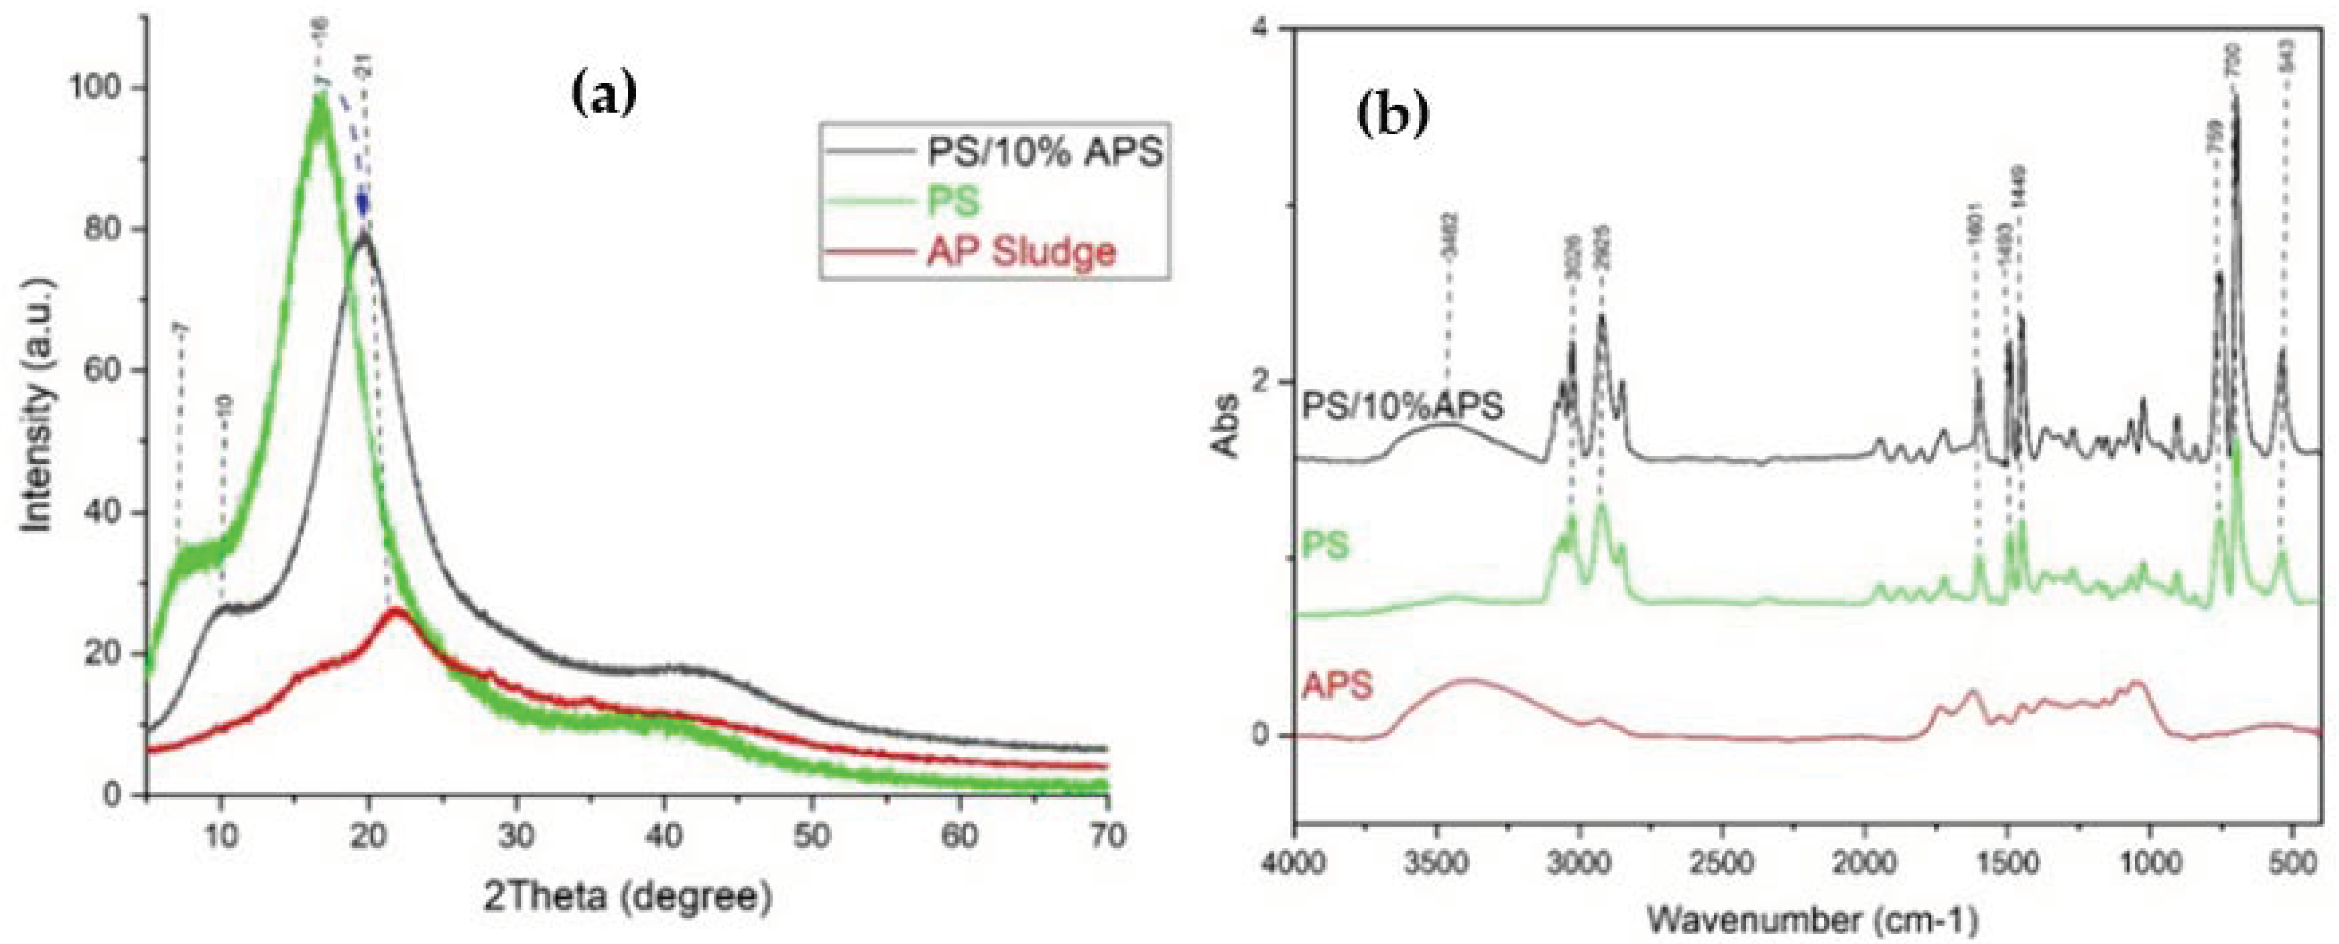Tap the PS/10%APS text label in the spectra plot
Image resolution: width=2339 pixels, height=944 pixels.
pos(1403,405)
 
